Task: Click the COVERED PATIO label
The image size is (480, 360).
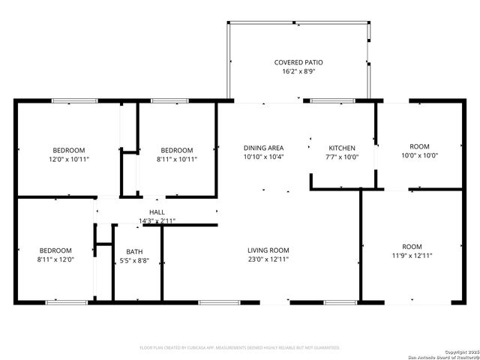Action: click(x=298, y=62)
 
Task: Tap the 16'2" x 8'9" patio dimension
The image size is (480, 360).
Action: click(x=298, y=72)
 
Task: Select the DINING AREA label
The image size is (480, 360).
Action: click(x=263, y=148)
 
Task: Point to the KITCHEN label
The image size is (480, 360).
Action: click(x=342, y=148)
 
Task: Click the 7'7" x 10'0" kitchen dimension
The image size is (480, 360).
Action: click(x=342, y=157)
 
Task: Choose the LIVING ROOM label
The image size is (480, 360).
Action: click(x=268, y=250)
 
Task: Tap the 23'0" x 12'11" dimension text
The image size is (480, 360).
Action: click(x=268, y=259)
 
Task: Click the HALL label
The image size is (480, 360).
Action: click(x=157, y=212)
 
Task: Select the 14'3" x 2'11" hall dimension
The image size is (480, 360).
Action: click(x=157, y=220)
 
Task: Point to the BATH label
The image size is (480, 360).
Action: click(x=134, y=252)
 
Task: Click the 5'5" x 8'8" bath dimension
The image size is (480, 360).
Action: click(x=134, y=261)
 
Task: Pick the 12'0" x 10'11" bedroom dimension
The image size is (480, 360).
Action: click(x=68, y=160)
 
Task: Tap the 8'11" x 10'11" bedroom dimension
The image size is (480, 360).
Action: click(x=176, y=160)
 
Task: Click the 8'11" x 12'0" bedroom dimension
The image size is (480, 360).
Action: click(x=55, y=260)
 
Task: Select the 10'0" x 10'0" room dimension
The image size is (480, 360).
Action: click(x=419, y=156)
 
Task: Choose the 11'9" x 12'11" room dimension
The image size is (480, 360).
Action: click(x=412, y=256)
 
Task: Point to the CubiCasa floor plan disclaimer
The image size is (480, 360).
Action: click(x=240, y=348)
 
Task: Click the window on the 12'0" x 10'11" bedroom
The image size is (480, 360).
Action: click(x=74, y=100)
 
